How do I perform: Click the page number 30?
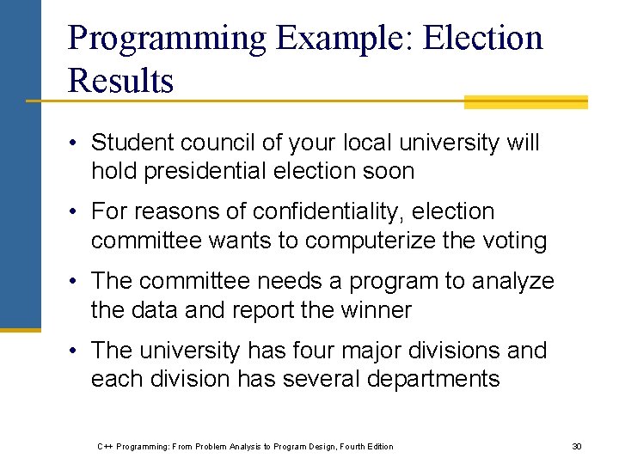click(x=577, y=446)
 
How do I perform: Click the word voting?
click(x=514, y=241)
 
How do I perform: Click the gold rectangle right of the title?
click(x=525, y=102)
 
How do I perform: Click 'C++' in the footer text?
click(x=105, y=446)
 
